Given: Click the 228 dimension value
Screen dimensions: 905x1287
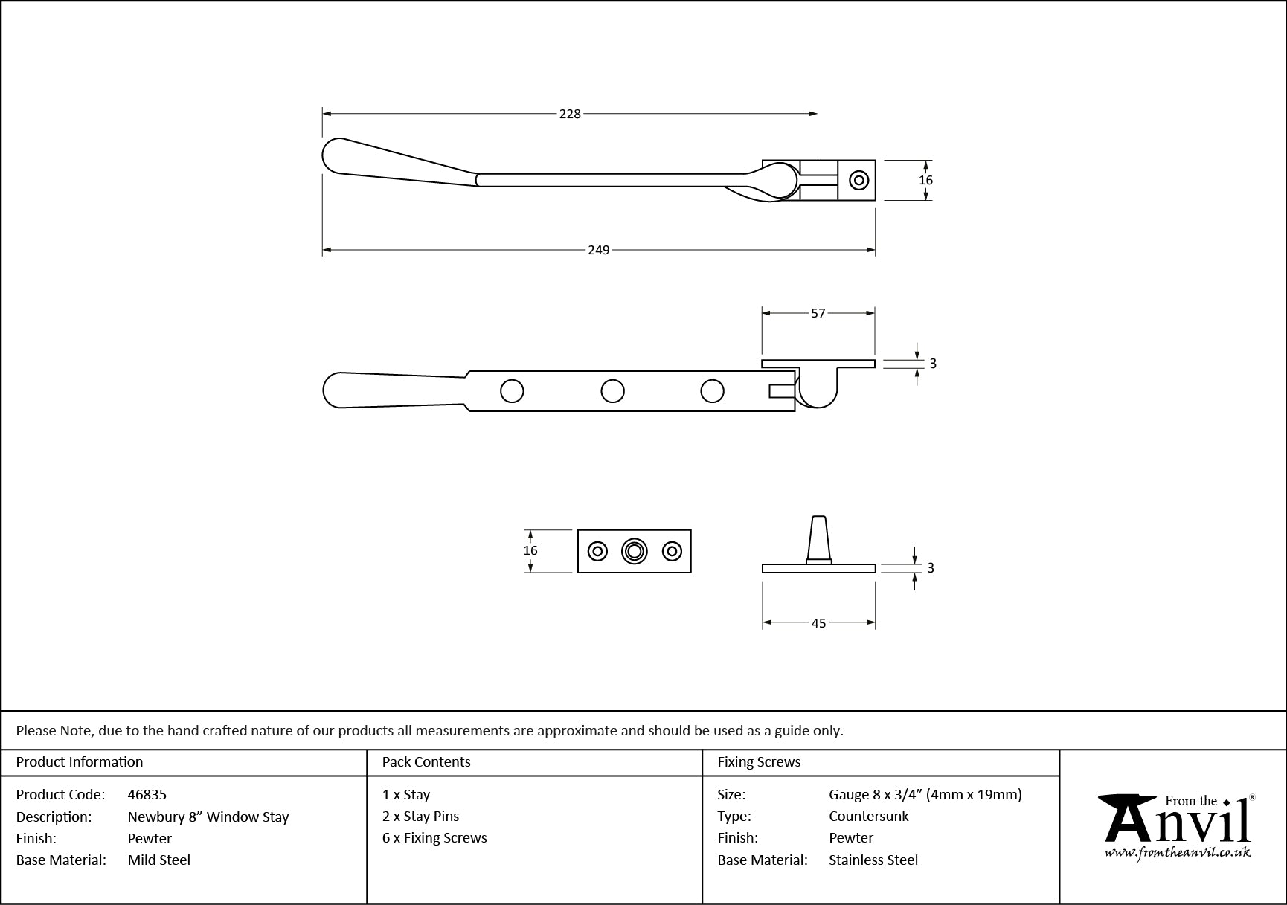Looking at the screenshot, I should [570, 114].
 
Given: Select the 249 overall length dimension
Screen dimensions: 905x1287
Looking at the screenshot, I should [599, 250].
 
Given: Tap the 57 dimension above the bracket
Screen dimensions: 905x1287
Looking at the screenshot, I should [818, 314].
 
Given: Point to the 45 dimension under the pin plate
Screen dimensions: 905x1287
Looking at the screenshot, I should [818, 623].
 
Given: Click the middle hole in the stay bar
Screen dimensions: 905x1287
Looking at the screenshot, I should [612, 391].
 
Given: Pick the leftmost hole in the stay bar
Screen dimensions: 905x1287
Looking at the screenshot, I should [512, 391].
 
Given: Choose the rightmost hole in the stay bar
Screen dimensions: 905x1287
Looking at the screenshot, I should [712, 391].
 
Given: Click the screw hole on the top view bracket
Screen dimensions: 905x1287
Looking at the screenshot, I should [859, 180].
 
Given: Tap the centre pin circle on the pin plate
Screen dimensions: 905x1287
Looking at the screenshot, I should [634, 551].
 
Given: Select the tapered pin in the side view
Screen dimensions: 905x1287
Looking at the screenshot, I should [818, 538].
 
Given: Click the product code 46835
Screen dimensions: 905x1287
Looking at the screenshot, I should [147, 795].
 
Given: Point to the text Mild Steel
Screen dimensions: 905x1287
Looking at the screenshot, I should [159, 860].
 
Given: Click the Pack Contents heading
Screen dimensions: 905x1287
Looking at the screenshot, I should [426, 762].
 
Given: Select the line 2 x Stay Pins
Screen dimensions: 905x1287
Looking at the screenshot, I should [421, 817].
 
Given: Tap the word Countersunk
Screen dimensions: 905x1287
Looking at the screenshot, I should [869, 817].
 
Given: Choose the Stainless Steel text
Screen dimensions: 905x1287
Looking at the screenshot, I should [873, 860].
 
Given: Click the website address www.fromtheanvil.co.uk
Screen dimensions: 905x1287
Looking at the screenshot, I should [1177, 854].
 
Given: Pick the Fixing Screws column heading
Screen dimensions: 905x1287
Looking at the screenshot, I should [759, 762].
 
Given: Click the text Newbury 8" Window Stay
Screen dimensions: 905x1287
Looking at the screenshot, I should [208, 817].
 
